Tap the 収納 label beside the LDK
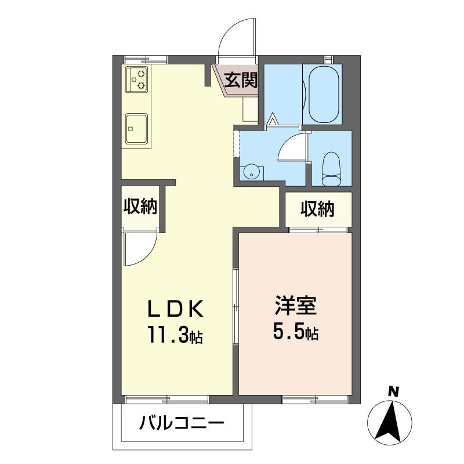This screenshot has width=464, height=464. (x=139, y=206)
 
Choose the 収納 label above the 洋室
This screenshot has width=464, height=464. (x=317, y=209)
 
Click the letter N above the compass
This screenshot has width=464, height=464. (x=394, y=393)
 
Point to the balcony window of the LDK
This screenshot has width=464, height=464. (x=166, y=398)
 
